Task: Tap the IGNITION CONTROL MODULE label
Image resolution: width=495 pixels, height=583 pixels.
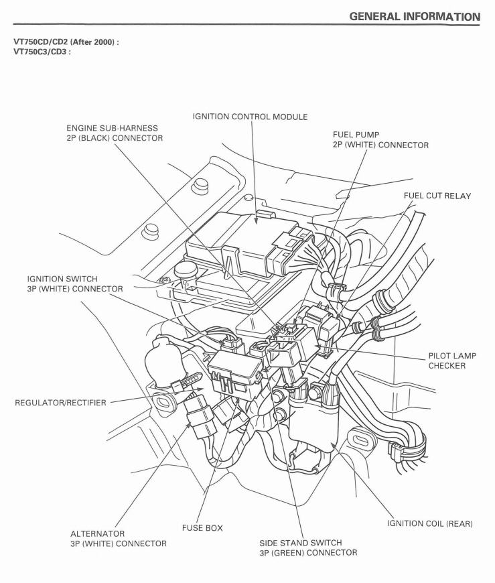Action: point(250,117)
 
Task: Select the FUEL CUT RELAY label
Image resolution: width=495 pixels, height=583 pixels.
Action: point(437,196)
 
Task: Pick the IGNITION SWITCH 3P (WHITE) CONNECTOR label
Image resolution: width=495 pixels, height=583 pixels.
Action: point(75,283)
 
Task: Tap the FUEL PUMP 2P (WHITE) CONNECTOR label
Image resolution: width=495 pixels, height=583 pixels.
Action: point(380,139)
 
